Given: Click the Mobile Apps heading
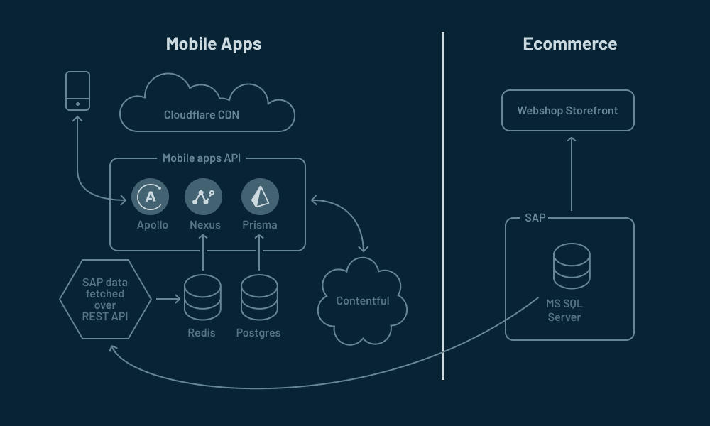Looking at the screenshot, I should (x=214, y=44).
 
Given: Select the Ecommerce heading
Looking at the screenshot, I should (x=569, y=44).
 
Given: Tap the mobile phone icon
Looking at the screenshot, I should (x=77, y=91).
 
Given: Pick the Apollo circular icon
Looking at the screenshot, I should (x=151, y=197).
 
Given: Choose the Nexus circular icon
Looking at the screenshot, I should (x=204, y=197).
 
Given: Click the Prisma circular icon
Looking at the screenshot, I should (x=260, y=197).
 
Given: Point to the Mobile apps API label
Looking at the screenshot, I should (x=202, y=158).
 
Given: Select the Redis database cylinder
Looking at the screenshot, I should (x=202, y=297).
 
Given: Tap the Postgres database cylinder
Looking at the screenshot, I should (x=258, y=297).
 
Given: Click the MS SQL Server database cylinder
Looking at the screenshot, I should (x=572, y=266).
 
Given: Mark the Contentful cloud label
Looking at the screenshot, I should (x=362, y=301).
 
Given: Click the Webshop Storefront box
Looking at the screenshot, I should (x=567, y=111).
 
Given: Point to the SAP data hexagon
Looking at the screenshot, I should (x=105, y=300).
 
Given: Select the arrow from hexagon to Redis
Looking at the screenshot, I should (x=168, y=300).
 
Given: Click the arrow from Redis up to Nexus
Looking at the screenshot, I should (x=203, y=253).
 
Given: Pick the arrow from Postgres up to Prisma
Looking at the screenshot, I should (x=259, y=253).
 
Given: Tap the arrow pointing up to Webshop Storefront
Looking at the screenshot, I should (x=572, y=174).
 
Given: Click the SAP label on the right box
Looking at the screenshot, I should (x=535, y=218).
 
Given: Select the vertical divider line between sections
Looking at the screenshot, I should (x=443, y=206).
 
